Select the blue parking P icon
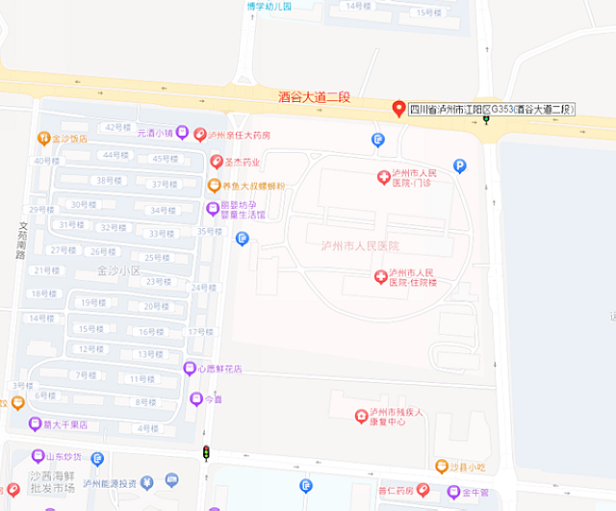(460, 166)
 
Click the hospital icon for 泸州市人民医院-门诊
(383, 177)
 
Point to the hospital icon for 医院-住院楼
(381, 277)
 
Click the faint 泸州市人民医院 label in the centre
(359, 246)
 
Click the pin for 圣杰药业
(217, 163)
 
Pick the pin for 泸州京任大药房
(200, 135)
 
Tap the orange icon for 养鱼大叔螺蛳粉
(214, 186)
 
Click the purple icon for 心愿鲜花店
(190, 369)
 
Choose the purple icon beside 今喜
(196, 398)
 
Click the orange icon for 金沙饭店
(43, 139)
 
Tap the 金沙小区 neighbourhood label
(118, 271)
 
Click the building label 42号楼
(117, 127)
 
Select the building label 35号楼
(210, 231)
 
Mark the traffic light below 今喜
(205, 452)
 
